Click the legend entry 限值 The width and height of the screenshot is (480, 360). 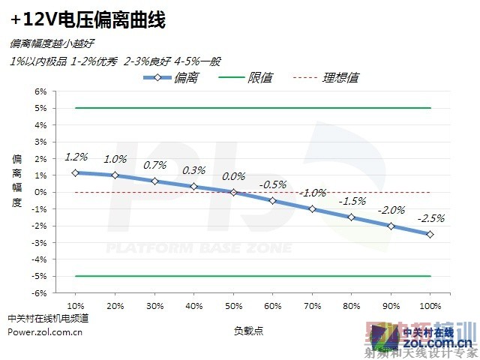point(259,78)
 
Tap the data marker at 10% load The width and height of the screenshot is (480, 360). point(76,172)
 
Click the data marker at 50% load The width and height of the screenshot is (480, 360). point(233,192)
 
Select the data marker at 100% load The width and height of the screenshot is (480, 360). point(430,234)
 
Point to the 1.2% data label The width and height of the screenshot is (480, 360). point(76,157)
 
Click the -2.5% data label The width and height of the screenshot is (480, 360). point(430,218)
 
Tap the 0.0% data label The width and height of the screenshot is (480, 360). point(233,176)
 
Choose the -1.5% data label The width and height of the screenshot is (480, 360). point(351,201)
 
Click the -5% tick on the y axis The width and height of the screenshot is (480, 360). point(40,276)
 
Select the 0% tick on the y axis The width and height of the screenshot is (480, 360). point(40,192)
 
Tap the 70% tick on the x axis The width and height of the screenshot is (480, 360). point(312,306)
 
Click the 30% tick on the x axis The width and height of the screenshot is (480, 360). point(154,306)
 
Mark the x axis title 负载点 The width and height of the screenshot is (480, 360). point(248,330)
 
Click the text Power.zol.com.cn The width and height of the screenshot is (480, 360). point(45,332)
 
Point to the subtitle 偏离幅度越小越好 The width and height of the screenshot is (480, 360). point(52,45)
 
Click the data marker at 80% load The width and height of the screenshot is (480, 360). point(351,217)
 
